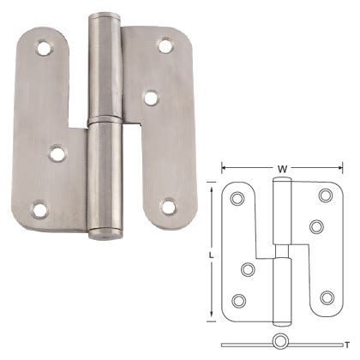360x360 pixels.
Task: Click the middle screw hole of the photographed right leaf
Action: [x=151, y=99]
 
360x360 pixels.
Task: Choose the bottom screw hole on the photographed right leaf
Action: [x=169, y=206]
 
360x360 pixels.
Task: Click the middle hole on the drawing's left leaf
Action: [x=249, y=270]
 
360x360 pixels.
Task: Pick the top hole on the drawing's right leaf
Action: [x=324, y=195]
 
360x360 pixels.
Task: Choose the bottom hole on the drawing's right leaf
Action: [x=326, y=297]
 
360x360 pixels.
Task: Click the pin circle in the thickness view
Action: [x=279, y=344]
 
